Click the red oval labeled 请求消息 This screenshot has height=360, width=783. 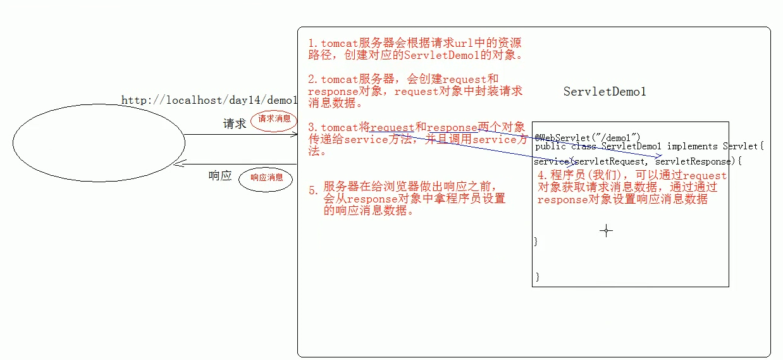274,120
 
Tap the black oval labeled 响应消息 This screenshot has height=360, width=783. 266,178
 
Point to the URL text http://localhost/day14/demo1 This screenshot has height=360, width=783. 209,100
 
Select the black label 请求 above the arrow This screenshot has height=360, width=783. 235,124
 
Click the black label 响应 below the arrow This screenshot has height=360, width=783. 220,176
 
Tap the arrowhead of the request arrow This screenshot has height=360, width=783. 294,134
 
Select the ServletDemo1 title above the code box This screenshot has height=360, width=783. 605,92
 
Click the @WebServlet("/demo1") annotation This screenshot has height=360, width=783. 588,137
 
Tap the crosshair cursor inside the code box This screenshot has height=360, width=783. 606,231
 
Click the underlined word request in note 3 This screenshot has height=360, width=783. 392,128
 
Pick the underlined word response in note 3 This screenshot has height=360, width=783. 452,128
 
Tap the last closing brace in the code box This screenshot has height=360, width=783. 537,276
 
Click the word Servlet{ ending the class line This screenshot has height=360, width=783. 743,146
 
